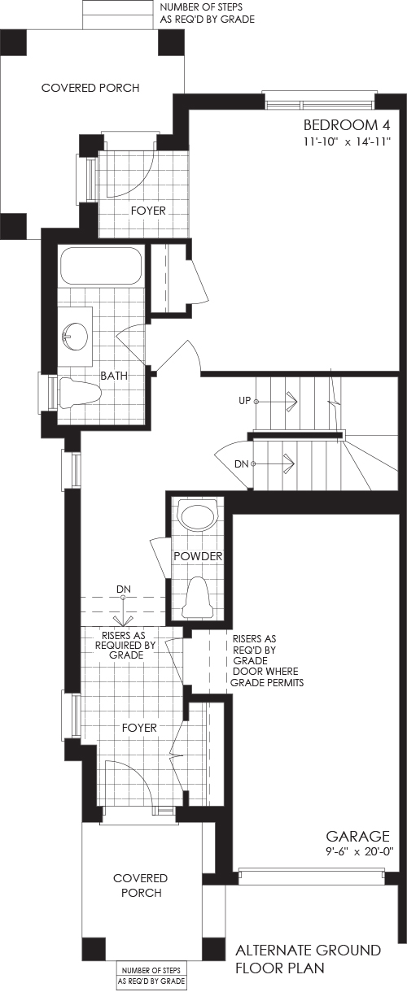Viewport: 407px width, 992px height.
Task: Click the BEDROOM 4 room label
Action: (x=347, y=125)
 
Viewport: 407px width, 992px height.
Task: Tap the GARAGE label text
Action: (x=358, y=836)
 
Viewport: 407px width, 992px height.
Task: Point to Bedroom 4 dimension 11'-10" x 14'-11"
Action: (x=346, y=142)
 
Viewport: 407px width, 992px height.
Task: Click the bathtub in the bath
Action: (x=101, y=266)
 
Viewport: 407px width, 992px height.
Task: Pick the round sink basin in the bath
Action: (x=73, y=336)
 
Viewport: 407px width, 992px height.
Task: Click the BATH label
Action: (x=114, y=376)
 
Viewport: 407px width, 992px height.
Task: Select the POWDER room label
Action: (x=198, y=556)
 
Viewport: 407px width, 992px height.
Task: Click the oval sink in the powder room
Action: (x=198, y=513)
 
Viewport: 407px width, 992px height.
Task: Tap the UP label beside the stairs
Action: (x=245, y=400)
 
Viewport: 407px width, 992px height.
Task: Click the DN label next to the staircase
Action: (x=241, y=464)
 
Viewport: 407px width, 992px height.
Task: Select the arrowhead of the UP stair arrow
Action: (x=292, y=401)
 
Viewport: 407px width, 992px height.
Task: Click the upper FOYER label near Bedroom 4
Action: (x=148, y=211)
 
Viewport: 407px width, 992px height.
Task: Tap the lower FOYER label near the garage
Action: (x=139, y=728)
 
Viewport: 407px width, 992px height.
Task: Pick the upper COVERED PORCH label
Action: (x=90, y=88)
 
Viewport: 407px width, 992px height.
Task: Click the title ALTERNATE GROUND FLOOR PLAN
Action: (x=309, y=959)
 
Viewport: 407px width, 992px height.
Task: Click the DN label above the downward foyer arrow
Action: (x=124, y=590)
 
